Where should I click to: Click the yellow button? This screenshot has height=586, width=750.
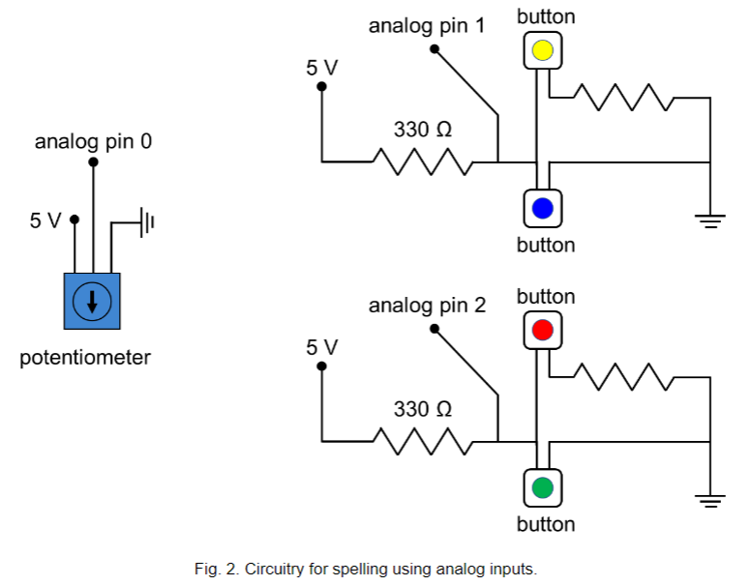(x=542, y=50)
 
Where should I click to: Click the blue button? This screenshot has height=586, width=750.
(x=542, y=207)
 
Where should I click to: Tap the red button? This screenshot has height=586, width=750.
(x=542, y=330)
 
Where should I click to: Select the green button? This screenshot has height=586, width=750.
(x=542, y=486)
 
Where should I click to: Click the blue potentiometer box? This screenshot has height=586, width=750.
(x=92, y=300)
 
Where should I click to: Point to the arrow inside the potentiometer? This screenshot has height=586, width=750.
(x=92, y=301)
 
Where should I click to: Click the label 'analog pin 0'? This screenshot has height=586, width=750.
(x=93, y=142)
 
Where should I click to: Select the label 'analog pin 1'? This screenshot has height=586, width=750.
(x=427, y=26)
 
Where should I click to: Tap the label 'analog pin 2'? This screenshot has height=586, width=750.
(x=427, y=307)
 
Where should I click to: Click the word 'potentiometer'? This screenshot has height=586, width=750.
(x=85, y=358)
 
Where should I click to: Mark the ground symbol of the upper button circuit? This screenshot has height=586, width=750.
(x=711, y=221)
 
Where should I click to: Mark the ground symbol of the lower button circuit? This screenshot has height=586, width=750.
(x=711, y=500)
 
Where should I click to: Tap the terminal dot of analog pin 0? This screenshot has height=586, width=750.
(x=93, y=162)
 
